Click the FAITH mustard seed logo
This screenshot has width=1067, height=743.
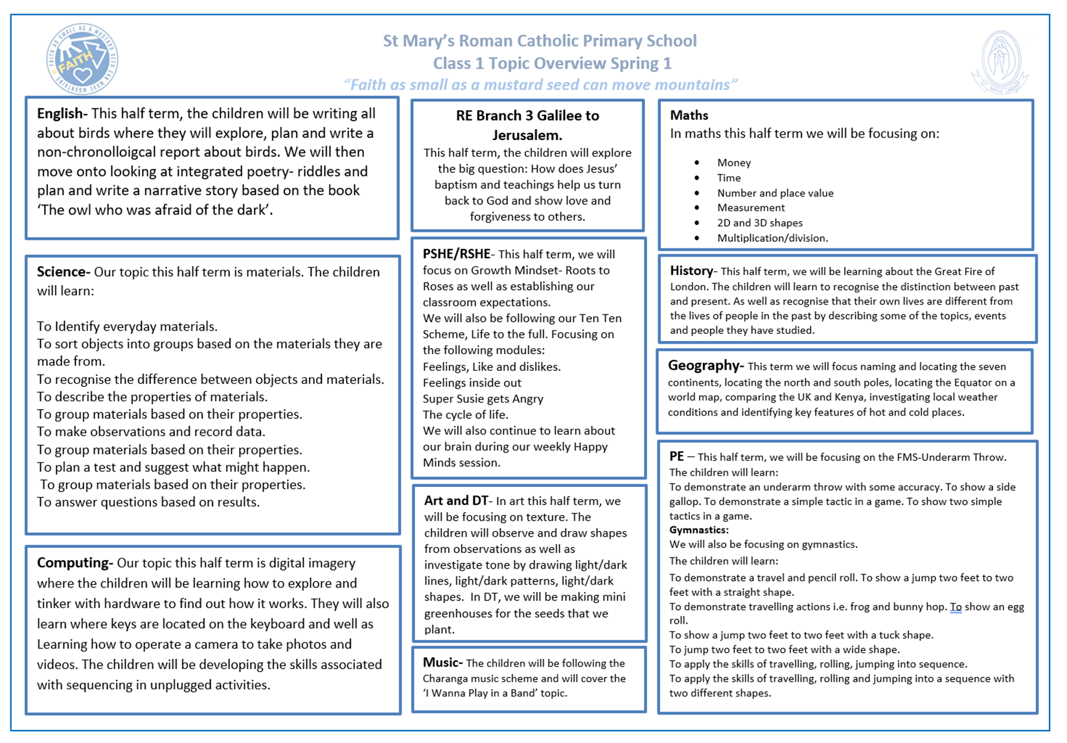click(82, 59)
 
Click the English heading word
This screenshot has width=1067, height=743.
click(60, 113)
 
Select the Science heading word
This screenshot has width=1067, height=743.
click(62, 272)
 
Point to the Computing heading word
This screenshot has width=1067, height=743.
click(74, 563)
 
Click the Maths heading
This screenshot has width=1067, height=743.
click(689, 115)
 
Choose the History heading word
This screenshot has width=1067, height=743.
click(691, 271)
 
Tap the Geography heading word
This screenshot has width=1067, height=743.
click(704, 366)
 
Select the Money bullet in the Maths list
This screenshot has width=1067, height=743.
click(733, 163)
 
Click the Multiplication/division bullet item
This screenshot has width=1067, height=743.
click(772, 238)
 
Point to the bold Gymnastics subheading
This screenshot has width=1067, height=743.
click(698, 530)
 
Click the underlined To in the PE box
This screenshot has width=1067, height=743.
click(956, 607)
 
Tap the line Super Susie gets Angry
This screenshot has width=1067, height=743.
click(483, 399)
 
